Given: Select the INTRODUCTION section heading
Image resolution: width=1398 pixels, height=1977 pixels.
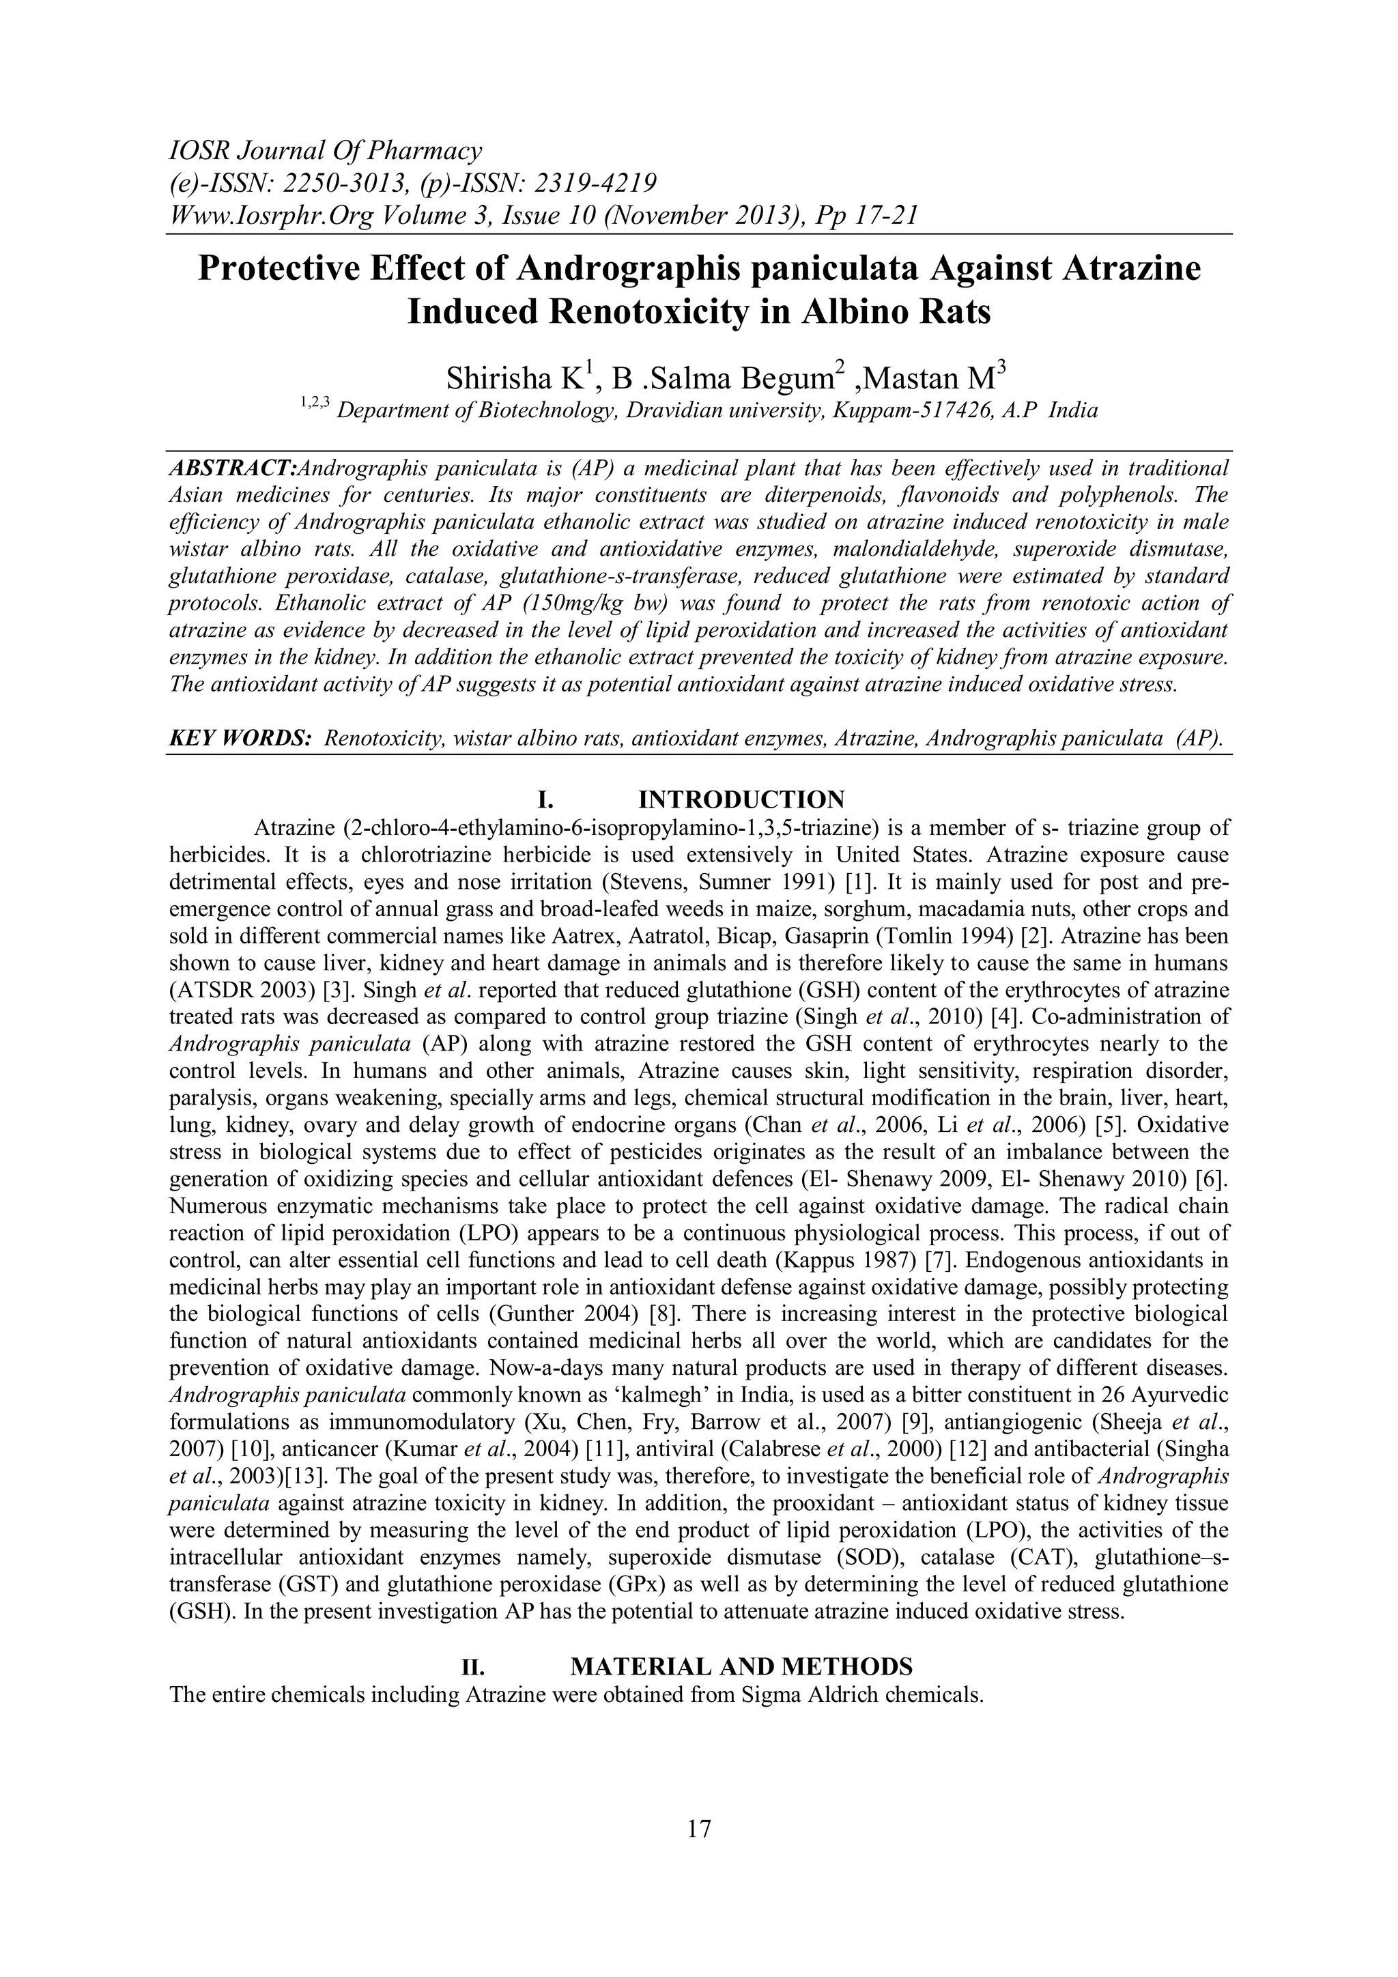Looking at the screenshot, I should tap(741, 799).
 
